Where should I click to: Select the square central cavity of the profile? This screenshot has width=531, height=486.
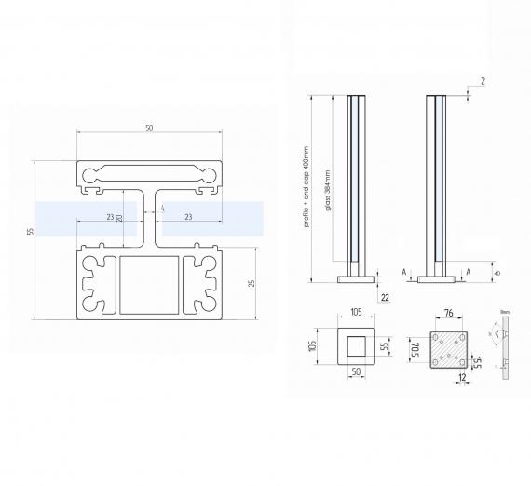tap(148, 285)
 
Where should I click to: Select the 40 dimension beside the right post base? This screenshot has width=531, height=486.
tap(497, 273)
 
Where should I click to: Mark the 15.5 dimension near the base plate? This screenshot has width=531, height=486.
tap(477, 361)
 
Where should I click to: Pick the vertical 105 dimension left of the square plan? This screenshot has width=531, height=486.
tap(315, 345)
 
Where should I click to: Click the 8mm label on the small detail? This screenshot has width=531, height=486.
tap(504, 314)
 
